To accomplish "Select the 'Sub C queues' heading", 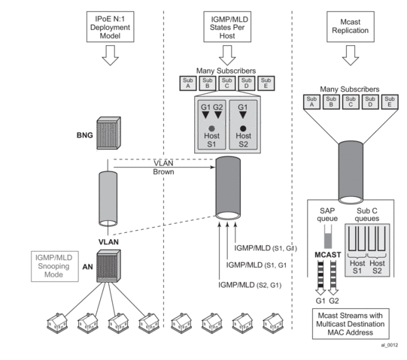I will [x=367, y=212].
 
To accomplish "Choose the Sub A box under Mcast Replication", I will [x=309, y=101].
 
